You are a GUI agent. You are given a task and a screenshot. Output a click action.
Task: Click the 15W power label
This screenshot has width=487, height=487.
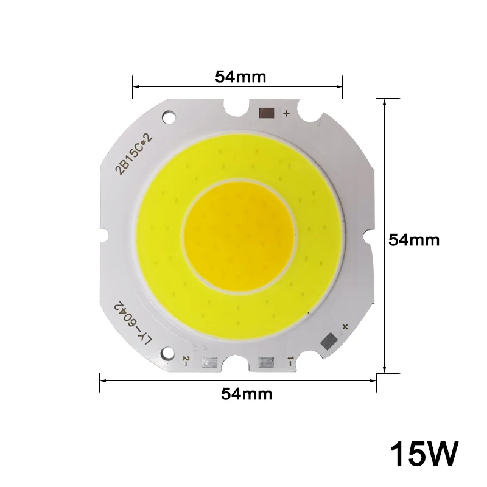click(424, 454)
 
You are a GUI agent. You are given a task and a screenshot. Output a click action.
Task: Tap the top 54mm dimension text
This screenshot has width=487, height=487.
click(240, 77)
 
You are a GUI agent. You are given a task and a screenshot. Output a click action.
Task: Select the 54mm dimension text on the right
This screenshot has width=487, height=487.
click(414, 240)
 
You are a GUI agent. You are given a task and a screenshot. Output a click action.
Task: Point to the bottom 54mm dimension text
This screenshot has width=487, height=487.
click(247, 394)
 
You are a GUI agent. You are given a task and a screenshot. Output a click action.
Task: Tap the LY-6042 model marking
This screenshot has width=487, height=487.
click(133, 323)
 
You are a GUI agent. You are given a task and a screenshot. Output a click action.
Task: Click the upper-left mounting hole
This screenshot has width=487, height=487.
click(169, 117)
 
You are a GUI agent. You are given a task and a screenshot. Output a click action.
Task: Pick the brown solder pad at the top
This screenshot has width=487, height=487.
click(267, 113)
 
